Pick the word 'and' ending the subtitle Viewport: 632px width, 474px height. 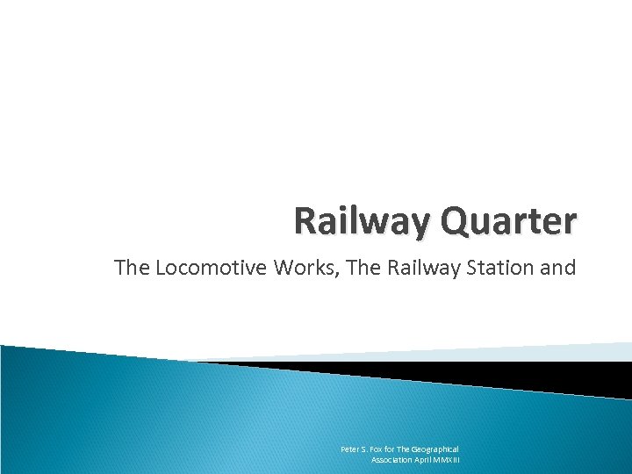[561, 268]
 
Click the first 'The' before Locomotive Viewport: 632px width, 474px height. [133, 268]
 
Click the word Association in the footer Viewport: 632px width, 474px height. [392, 459]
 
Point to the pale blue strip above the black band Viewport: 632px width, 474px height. [527, 351]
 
